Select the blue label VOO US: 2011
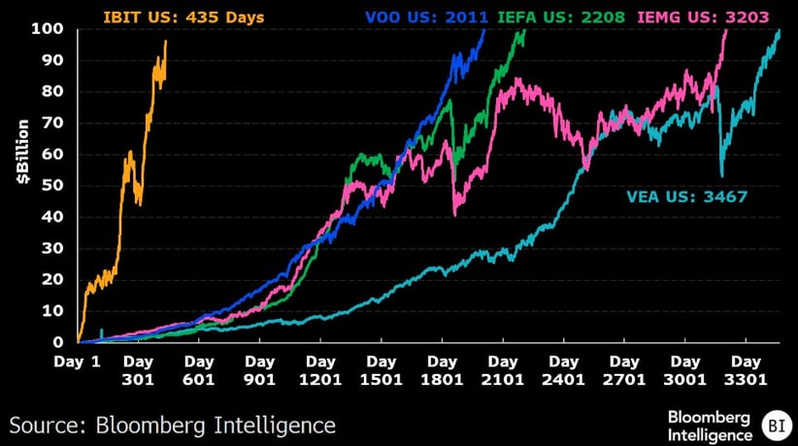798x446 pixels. click(425, 17)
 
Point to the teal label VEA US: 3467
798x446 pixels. click(686, 197)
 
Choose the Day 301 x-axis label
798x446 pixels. click(138, 371)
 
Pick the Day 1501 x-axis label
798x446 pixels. click(382, 371)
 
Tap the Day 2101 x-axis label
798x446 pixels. click(503, 371)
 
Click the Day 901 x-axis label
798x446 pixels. click(259, 371)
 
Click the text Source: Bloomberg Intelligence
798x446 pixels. click(173, 425)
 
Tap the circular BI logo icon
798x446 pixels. click(775, 424)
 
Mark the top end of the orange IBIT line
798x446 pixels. click(166, 42)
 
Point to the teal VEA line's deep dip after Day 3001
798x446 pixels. click(721, 175)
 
